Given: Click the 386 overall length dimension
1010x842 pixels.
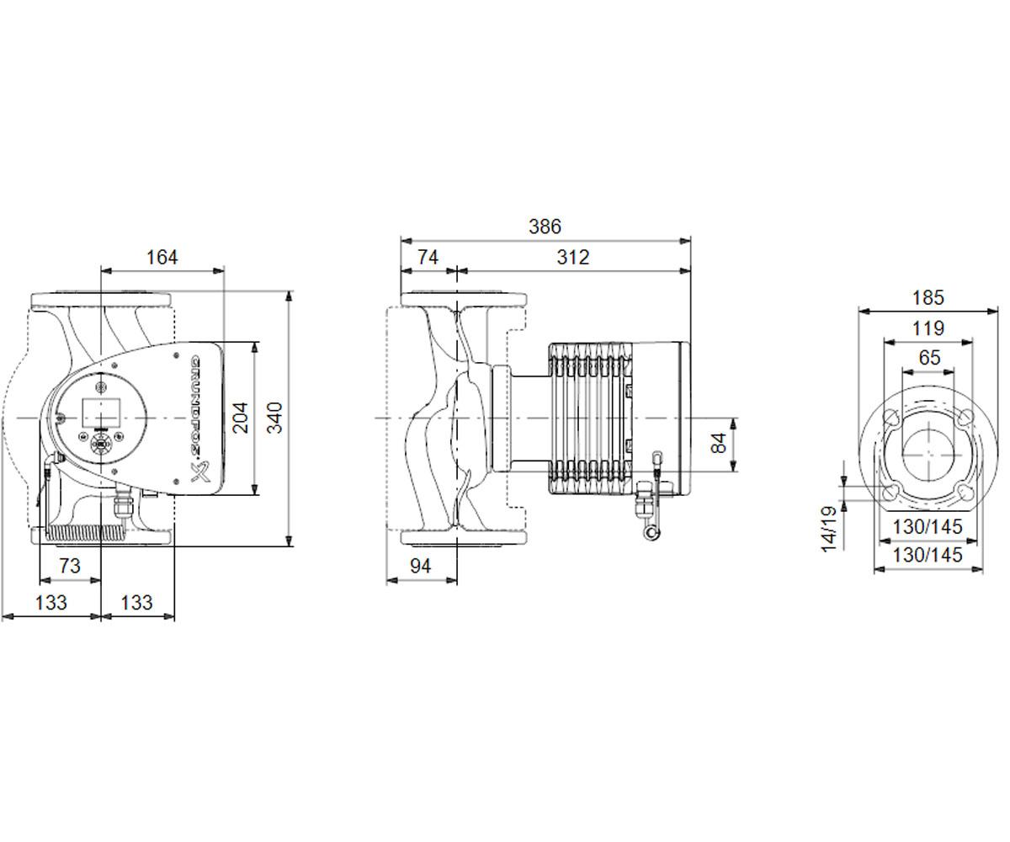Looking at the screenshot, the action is click(545, 226).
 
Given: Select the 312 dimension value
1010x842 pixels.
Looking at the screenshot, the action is click(572, 258).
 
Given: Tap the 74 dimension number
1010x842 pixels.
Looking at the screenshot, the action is click(428, 258).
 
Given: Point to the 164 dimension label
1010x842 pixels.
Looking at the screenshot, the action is click(162, 258).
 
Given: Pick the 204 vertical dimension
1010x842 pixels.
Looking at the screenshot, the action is click(241, 418).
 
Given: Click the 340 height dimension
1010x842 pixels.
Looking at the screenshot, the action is click(274, 418).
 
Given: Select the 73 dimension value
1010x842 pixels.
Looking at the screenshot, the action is click(69, 566).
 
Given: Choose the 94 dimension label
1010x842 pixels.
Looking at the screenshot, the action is click(420, 566).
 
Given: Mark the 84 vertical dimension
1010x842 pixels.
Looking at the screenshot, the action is click(719, 443).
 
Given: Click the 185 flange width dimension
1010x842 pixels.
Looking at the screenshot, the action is click(928, 297).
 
